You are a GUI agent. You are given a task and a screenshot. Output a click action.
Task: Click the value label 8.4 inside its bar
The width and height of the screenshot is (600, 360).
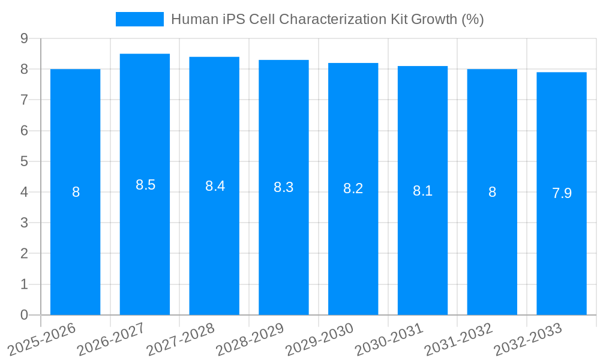coord(215,186)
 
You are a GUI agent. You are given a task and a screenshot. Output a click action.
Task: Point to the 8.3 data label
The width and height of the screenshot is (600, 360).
coord(283,187)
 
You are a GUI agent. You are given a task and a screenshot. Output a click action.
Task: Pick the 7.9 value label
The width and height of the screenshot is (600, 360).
coord(562,193)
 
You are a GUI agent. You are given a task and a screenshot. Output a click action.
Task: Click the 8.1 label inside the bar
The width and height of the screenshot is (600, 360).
coord(422,191)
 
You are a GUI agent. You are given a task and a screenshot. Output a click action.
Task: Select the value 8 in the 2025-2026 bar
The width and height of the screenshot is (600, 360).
coord(76,192)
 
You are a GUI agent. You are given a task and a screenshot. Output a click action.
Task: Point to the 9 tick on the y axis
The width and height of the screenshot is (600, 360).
coord(25,38)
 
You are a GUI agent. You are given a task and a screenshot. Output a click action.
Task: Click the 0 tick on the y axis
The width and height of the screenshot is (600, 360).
coord(25,315)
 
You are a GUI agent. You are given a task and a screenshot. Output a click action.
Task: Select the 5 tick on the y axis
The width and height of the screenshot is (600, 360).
coord(25,161)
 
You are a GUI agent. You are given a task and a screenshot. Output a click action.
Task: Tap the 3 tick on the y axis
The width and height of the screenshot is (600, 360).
coord(25,223)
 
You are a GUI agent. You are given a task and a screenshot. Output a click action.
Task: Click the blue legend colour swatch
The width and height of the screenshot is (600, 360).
coord(139,19)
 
